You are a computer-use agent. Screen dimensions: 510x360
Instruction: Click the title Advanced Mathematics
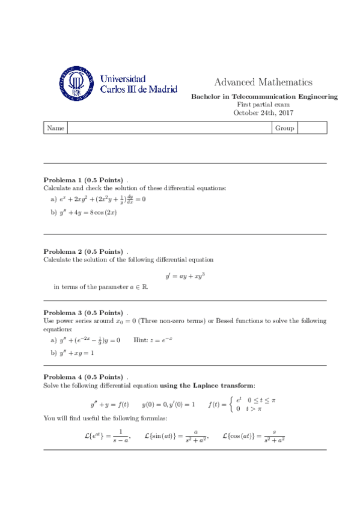[263, 82]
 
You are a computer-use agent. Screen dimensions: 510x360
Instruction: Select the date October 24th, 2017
[263, 112]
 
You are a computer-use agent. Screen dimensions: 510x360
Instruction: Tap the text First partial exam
[263, 105]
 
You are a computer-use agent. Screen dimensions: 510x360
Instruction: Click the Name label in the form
[55, 128]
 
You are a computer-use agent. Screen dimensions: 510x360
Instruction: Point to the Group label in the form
[284, 128]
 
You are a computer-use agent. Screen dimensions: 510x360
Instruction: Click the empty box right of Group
[312, 128]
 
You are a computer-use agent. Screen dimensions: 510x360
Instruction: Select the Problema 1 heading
[83, 180]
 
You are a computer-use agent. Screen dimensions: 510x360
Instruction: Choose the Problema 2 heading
[83, 251]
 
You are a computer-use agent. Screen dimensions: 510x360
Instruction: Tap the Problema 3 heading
[83, 313]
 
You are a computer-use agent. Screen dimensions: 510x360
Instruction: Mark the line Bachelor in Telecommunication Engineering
[263, 97]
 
